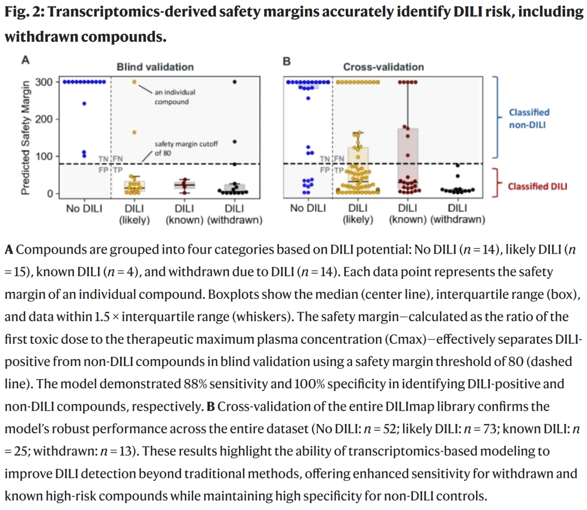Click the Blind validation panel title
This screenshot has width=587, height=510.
pyautogui.click(x=155, y=67)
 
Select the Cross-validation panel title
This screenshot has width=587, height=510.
pyautogui.click(x=383, y=67)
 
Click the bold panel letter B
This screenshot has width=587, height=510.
pyautogui.click(x=286, y=61)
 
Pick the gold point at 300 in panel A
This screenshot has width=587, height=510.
pyautogui.click(x=134, y=82)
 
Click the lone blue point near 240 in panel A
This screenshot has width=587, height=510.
pyautogui.click(x=84, y=104)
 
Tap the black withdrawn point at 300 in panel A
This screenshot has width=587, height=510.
pyautogui.click(x=235, y=82)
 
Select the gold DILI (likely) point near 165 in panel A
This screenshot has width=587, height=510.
pyautogui.click(x=134, y=133)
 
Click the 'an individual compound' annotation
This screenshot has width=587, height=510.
pyautogui.click(x=174, y=97)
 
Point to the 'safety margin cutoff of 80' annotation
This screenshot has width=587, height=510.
pyautogui.click(x=186, y=148)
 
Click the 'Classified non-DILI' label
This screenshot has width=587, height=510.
pyautogui.click(x=529, y=118)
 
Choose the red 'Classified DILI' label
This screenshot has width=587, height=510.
pyautogui.click(x=537, y=186)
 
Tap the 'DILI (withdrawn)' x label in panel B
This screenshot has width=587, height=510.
pyautogui.click(x=458, y=214)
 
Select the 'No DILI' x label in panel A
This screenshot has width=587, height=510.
pyautogui.click(x=84, y=209)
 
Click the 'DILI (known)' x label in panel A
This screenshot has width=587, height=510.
pyautogui.click(x=185, y=214)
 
